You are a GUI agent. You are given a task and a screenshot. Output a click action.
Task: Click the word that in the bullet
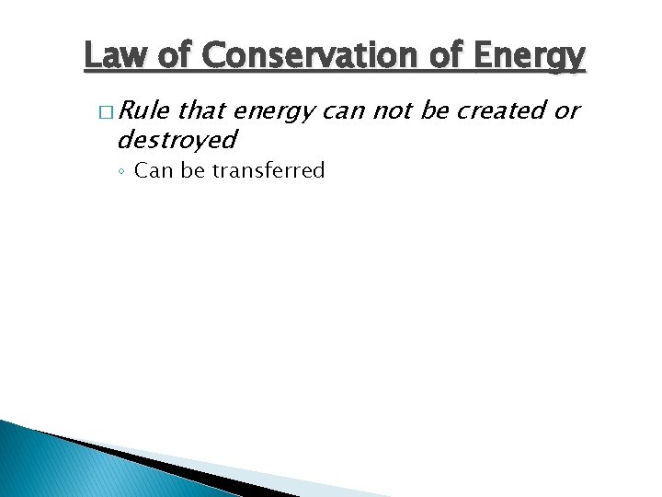tap(204, 111)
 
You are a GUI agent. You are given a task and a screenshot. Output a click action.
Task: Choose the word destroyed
tap(177, 140)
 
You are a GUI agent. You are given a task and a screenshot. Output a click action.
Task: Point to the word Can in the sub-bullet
tap(154, 171)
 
